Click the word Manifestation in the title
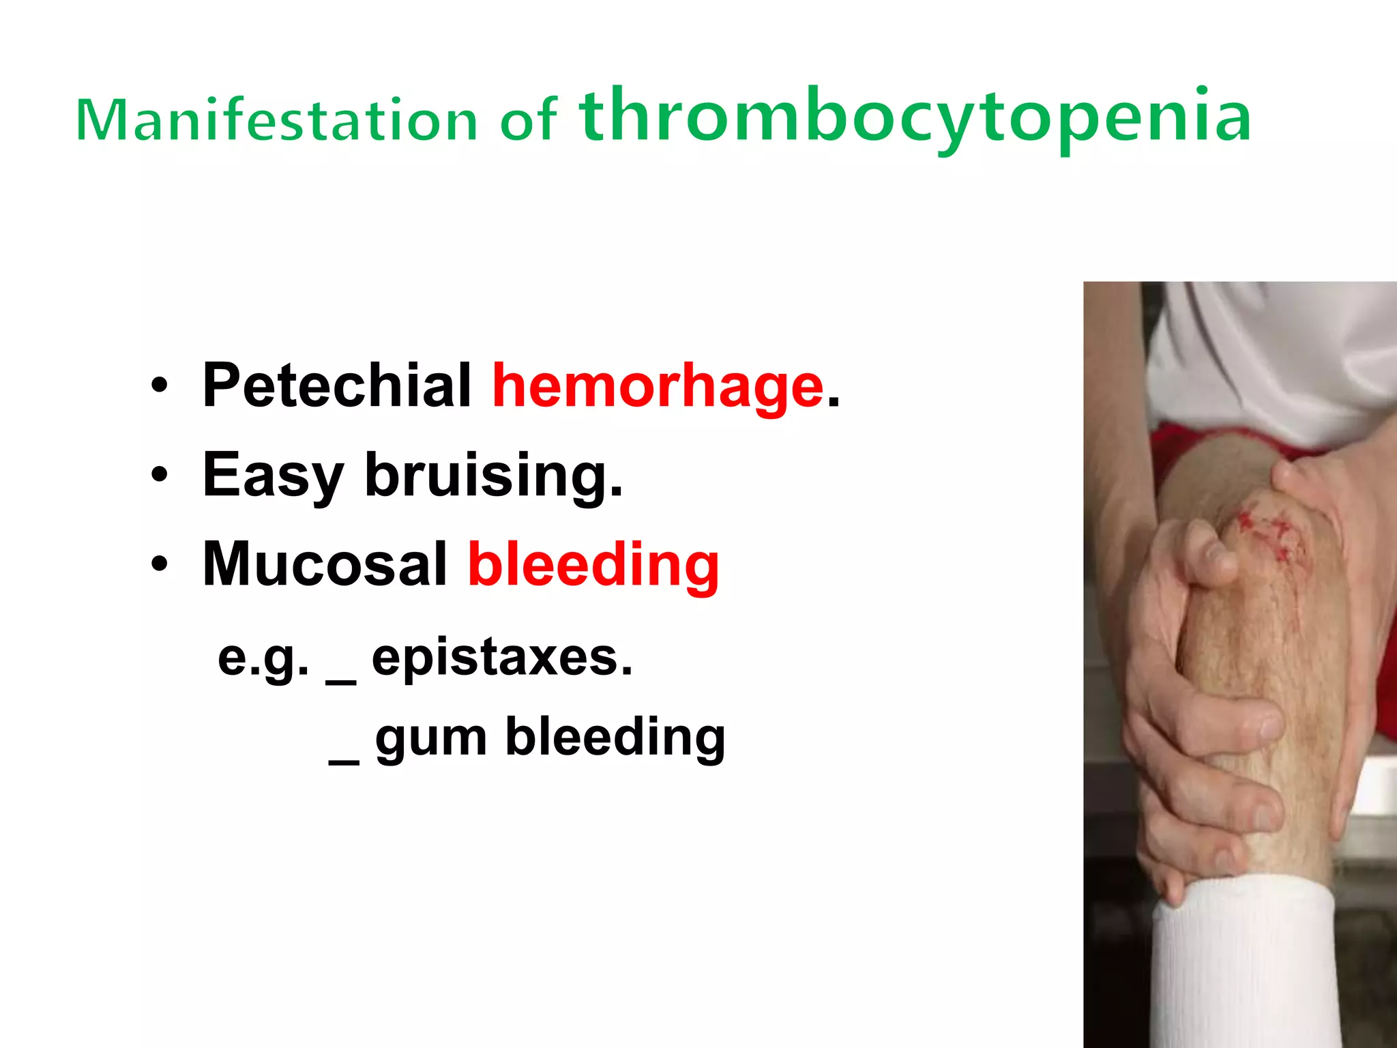tap(276, 120)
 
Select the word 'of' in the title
tap(529, 121)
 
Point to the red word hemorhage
tap(658, 386)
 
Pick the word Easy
tap(273, 475)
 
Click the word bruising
tap(494, 475)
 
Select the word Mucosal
tap(325, 564)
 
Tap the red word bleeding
tap(593, 564)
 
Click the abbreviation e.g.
tap(263, 658)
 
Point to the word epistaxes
tap(502, 658)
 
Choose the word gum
tap(431, 738)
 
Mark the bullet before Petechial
tap(159, 386)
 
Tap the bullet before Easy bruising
tap(159, 475)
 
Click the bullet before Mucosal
tap(159, 564)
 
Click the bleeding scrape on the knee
tap(1269, 532)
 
